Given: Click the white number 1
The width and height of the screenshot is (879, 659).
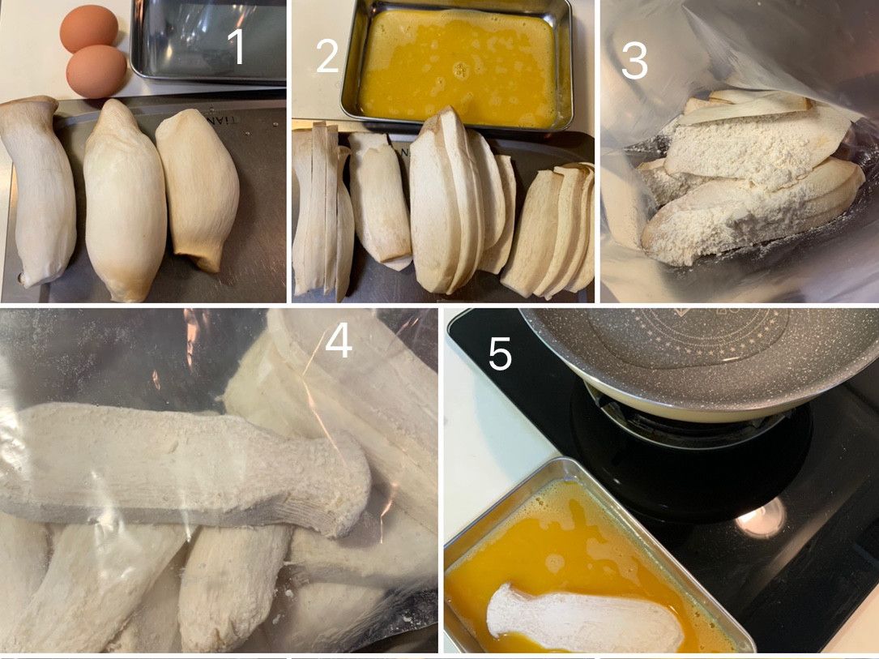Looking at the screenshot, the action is tap(237, 46).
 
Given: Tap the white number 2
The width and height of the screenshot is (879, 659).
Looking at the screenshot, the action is tap(328, 55).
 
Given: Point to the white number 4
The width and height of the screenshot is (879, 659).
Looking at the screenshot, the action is tap(339, 340).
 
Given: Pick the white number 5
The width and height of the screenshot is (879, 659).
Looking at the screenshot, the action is tap(500, 354).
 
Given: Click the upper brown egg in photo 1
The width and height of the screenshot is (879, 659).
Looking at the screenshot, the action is tap(89, 28).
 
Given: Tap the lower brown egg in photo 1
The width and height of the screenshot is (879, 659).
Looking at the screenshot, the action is tap(96, 71).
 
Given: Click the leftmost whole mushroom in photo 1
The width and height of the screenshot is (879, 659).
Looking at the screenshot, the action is tap(38, 190).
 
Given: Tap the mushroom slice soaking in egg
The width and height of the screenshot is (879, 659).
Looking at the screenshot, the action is tap(584, 618).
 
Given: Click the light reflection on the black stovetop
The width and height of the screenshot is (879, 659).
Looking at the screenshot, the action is tap(761, 519).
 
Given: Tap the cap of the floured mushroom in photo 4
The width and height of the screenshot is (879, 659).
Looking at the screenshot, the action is tap(342, 486).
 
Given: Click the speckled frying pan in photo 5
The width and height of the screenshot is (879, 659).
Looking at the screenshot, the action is tap(701, 359).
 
